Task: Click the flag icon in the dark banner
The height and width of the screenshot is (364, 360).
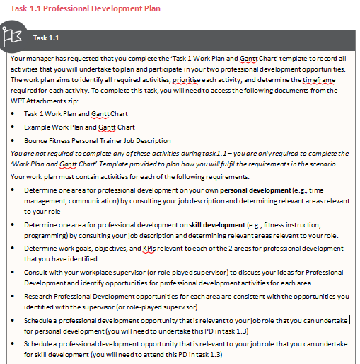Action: tap(13, 36)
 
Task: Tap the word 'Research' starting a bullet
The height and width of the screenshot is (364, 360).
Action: tap(40, 296)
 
